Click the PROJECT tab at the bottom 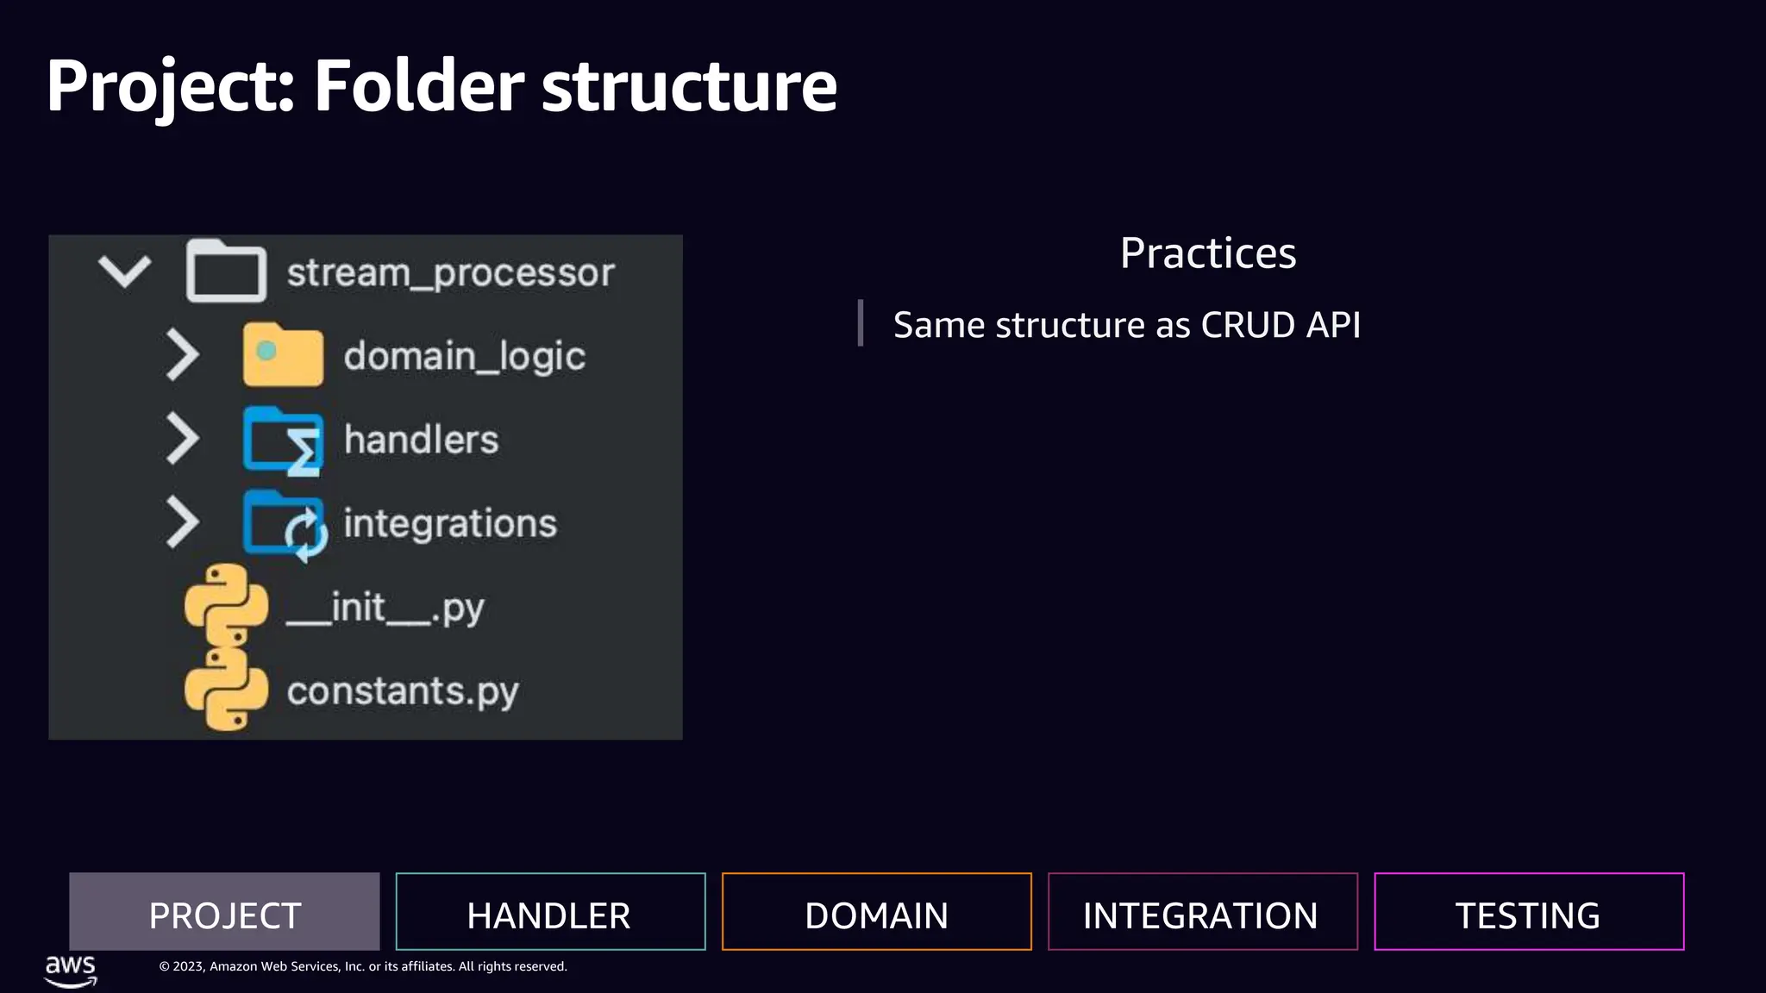[x=224, y=912]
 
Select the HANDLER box [x=550, y=912]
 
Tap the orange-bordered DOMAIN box [x=876, y=912]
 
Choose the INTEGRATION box [x=1202, y=912]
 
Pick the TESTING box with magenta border [x=1528, y=912]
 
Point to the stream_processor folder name [x=450, y=273]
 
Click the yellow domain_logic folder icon [x=283, y=355]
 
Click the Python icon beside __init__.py [x=226, y=603]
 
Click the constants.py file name [x=403, y=691]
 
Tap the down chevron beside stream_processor [x=125, y=272]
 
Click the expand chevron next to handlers [x=182, y=439]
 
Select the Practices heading [x=1207, y=253]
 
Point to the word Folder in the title [x=419, y=85]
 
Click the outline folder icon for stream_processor [x=226, y=272]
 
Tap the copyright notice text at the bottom [x=362, y=966]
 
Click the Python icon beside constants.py [x=226, y=690]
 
